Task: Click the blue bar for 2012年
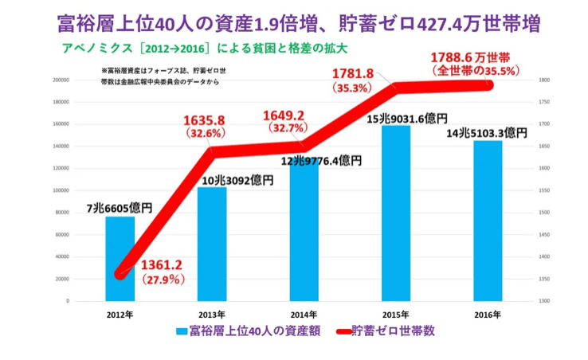(x=120, y=258)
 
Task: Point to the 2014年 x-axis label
(x=304, y=315)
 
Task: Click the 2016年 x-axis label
(x=487, y=315)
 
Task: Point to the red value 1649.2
(x=284, y=115)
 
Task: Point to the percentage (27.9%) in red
(x=164, y=280)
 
